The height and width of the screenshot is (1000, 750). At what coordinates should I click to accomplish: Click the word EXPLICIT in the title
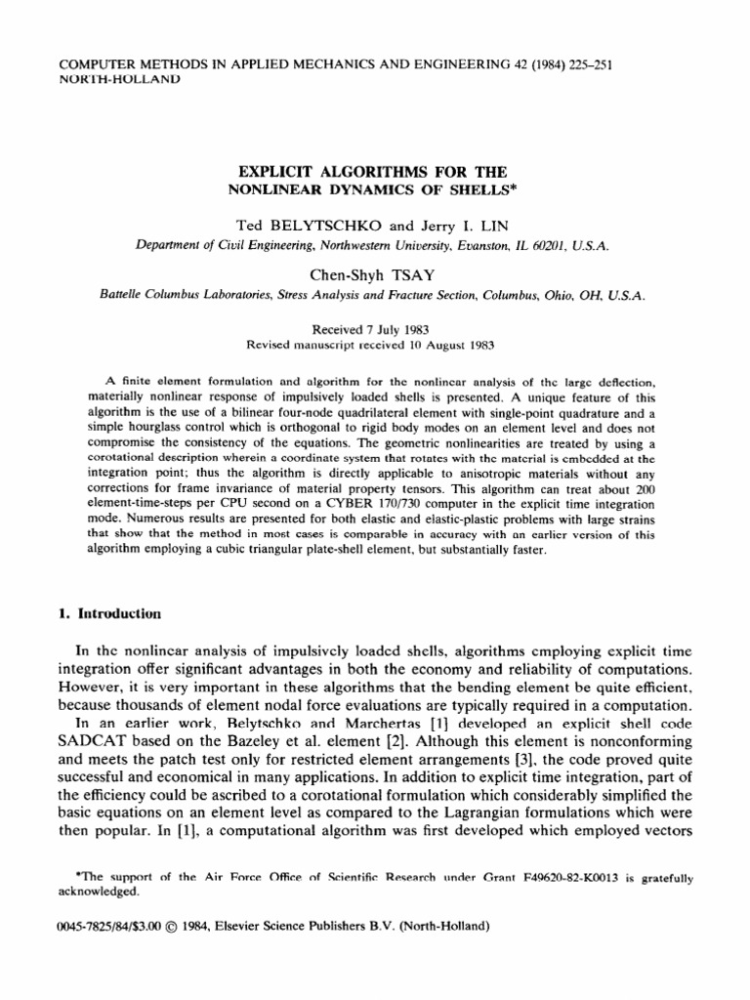[x=285, y=144]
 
